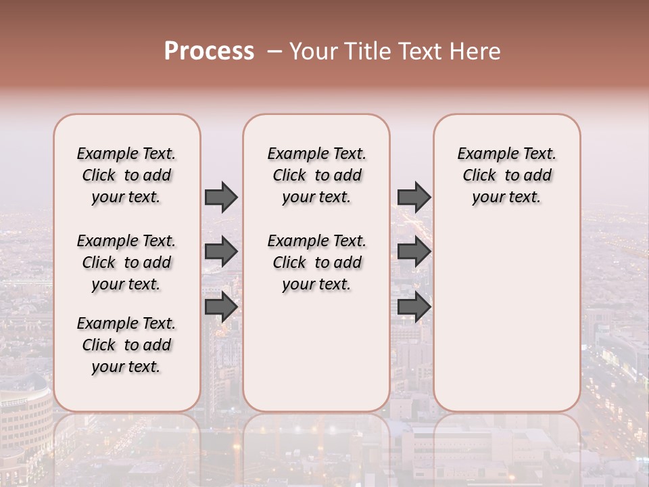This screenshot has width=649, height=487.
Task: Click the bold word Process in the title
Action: click(209, 51)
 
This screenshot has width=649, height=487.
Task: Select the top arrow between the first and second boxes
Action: click(221, 198)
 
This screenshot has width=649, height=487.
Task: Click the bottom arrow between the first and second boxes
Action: click(221, 306)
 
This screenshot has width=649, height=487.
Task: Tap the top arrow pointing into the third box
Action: click(414, 198)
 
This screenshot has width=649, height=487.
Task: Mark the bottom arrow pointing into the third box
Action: click(414, 306)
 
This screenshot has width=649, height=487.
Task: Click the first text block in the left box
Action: click(126, 175)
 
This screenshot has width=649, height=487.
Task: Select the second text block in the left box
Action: click(126, 262)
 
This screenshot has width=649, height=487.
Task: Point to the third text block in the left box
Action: click(126, 345)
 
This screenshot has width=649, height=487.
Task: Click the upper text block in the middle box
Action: click(316, 175)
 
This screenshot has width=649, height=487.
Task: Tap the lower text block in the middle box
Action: click(316, 262)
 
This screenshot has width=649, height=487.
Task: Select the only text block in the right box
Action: click(506, 175)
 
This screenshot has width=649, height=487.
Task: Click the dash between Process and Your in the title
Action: click(272, 51)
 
